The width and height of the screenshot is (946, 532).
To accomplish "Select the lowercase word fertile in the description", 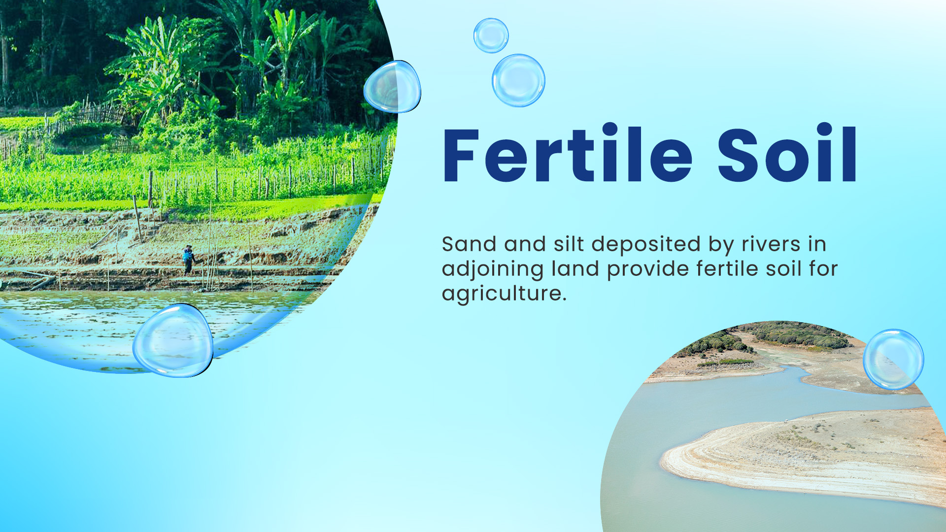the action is [x=727, y=269].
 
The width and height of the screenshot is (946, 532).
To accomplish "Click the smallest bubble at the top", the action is [x=491, y=35].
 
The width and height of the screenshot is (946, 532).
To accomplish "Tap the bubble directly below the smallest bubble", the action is [x=518, y=80].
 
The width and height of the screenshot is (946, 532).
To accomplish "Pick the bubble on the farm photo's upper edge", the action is [x=392, y=87].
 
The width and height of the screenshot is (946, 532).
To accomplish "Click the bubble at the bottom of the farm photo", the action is [x=173, y=340].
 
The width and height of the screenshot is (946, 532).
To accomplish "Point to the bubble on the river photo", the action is [x=893, y=360].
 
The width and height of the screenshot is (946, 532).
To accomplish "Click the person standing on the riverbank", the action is [x=188, y=260].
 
